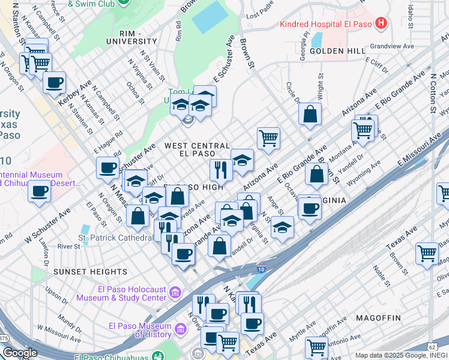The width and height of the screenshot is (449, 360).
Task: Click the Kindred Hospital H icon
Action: (379, 24)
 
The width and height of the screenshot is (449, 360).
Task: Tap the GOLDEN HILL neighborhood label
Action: (338, 51)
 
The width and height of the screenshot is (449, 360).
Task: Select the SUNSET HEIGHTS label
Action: (82, 272)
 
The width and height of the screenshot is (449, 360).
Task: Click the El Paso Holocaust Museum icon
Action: (175, 292)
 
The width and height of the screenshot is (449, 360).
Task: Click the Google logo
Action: (20, 353)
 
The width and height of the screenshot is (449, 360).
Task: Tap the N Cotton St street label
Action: (432, 93)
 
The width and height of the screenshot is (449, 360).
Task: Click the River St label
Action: (69, 246)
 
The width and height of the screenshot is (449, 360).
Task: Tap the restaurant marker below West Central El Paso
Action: (221, 170)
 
